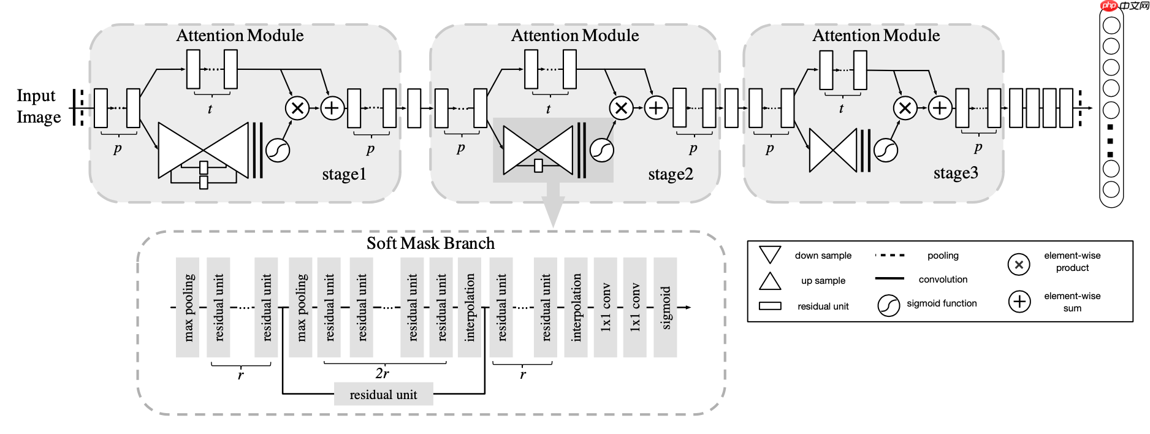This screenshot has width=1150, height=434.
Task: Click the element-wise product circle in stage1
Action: click(297, 108)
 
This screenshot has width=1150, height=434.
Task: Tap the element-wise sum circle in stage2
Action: click(656, 108)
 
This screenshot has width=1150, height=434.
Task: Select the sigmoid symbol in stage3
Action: click(885, 150)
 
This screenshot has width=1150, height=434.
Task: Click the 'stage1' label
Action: click(344, 175)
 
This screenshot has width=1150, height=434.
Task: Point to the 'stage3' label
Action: click(956, 173)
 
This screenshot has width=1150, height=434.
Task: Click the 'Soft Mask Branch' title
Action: click(430, 243)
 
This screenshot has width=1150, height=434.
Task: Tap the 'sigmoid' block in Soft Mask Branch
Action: click(665, 307)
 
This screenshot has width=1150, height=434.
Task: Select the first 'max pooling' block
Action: click(188, 307)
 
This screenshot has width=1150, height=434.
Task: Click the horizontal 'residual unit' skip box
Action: click(383, 395)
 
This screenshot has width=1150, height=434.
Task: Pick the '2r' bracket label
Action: click(382, 373)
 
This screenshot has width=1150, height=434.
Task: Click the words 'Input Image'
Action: click(38, 106)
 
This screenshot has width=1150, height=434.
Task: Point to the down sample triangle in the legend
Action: click(770, 254)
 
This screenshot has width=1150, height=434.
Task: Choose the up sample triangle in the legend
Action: click(770, 281)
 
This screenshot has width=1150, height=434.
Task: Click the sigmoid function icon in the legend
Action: click(888, 305)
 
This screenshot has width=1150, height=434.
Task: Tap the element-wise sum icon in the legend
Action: click(1019, 302)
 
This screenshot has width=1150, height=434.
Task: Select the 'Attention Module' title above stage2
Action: click(575, 36)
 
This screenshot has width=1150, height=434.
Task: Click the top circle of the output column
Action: click(1111, 25)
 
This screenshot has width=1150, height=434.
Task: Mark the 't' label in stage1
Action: click(210, 109)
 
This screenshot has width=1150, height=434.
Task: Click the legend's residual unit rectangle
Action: click(770, 306)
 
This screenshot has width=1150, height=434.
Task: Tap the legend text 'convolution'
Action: click(943, 280)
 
